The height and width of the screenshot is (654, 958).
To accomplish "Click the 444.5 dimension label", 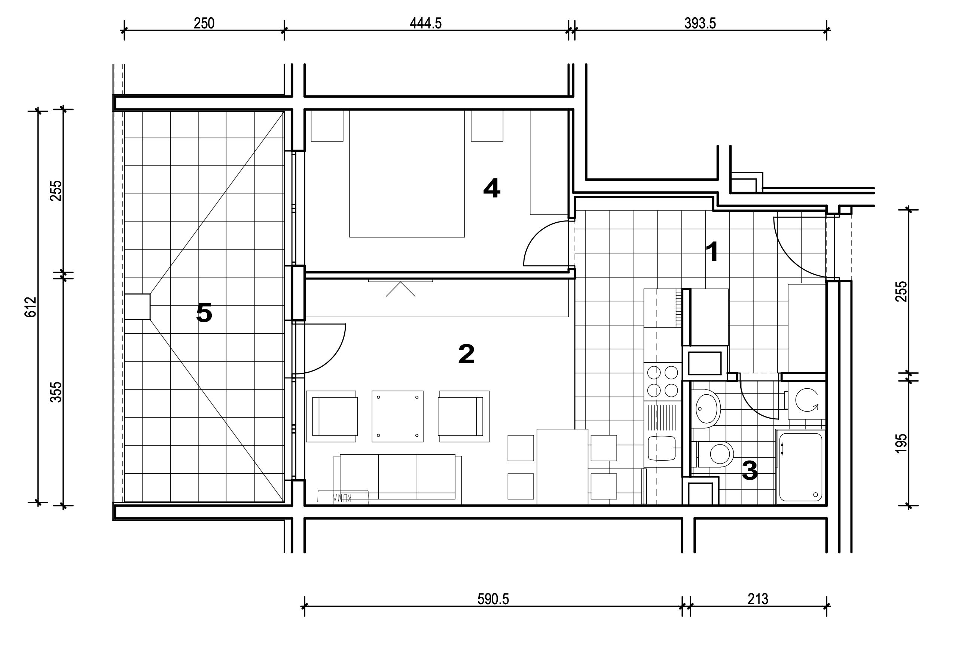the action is coord(425,24).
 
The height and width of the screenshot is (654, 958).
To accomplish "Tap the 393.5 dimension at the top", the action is coord(700,24).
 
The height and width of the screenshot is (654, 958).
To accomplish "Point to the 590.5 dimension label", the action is coord(493,599).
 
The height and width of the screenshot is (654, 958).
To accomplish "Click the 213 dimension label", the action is coord(758,599).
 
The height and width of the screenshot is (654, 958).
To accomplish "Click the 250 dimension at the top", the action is coord(204,24).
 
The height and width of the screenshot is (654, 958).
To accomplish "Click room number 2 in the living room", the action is coord(466,354).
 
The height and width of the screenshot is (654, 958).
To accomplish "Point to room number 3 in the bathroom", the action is coord(750,471).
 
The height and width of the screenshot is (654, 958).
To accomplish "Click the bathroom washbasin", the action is coord(708,408).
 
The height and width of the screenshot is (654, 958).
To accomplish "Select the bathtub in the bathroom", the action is coord(800,467).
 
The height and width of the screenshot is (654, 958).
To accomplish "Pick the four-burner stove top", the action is coord(662,381).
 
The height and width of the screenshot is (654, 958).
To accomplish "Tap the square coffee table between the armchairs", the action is coord(397,416).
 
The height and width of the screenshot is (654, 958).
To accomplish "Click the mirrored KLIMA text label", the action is coord(342,498).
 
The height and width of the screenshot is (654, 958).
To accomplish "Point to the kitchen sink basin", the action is coord(662,449).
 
